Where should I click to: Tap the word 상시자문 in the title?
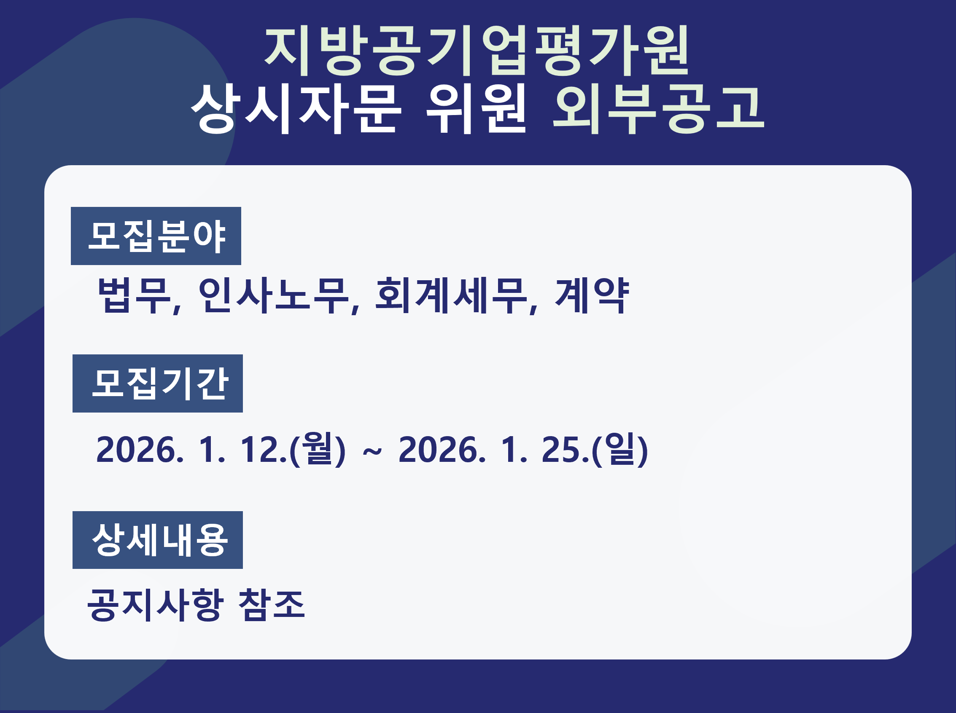coord(296,109)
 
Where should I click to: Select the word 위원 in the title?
coord(476,109)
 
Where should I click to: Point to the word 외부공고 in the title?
coord(659,109)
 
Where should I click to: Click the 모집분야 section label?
coord(156,236)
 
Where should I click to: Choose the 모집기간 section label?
coord(158,384)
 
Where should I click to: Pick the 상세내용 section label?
coord(158,540)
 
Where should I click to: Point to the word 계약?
coord(592,296)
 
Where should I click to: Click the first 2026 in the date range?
coord(137,450)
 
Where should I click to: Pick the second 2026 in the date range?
coord(439,450)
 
